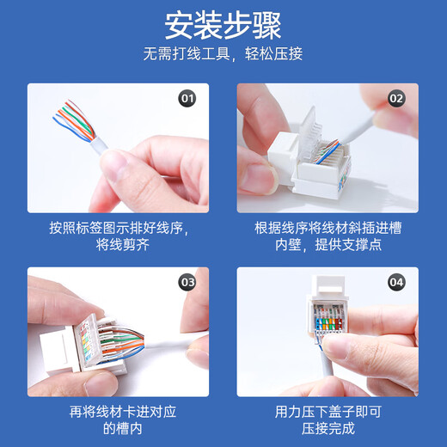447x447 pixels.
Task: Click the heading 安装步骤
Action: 223,25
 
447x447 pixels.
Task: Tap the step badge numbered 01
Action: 187,98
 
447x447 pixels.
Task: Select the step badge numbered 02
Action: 396,98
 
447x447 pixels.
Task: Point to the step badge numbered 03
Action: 187,281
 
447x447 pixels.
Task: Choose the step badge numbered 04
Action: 396,281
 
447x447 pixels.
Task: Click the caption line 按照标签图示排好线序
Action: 119,228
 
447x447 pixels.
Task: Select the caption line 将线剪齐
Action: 119,246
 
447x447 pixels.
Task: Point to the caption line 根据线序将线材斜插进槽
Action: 328,228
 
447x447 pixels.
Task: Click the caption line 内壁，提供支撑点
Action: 328,246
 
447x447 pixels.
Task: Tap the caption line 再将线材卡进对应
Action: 119,411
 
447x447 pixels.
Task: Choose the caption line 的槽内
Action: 119,429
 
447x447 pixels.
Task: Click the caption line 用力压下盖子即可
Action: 328,411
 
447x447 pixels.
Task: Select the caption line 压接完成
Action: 328,429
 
